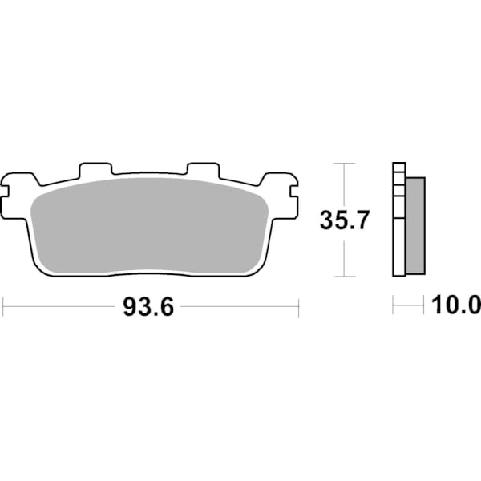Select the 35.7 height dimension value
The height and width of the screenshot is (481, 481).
coord(344,219)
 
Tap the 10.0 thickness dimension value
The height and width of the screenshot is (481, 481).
coord(455,305)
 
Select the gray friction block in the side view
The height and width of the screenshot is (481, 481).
coord(414,224)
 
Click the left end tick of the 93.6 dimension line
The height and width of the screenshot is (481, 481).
coord(4,306)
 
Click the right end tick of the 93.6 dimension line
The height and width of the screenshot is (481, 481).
coord(298,306)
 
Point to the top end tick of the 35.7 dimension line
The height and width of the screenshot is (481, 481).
coord(344,164)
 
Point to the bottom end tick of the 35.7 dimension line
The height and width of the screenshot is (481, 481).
coord(344,276)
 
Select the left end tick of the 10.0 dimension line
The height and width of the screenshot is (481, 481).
coord(393,306)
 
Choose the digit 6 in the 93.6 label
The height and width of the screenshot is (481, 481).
coord(166,307)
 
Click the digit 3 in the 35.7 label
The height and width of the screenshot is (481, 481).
coord(327,219)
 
